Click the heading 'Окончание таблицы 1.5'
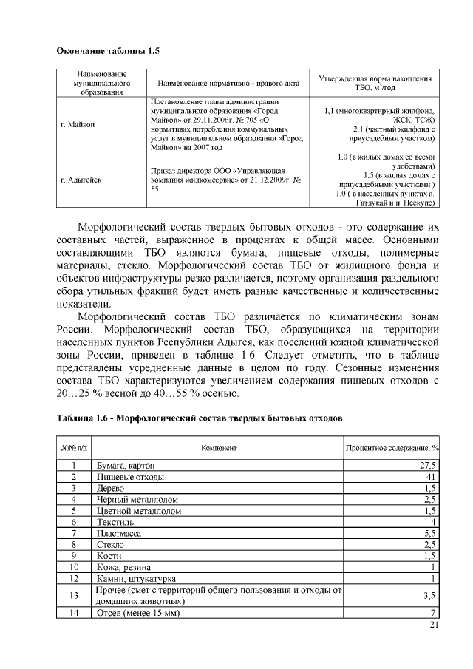pyautogui.click(x=108, y=51)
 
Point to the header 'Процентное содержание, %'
pyautogui.click(x=392, y=449)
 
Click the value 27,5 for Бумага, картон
pyautogui.click(x=428, y=466)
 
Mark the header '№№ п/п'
pyautogui.click(x=73, y=449)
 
